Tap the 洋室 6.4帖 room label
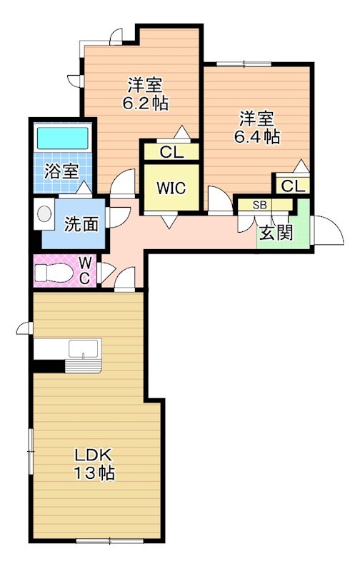[x=256, y=126]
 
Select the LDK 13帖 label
[x=95, y=463]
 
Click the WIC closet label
[x=171, y=188]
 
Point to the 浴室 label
[x=61, y=171]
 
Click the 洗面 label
[x=81, y=224]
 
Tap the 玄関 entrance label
[x=276, y=233]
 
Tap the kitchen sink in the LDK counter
[x=84, y=350]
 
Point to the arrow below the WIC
[x=170, y=222]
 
